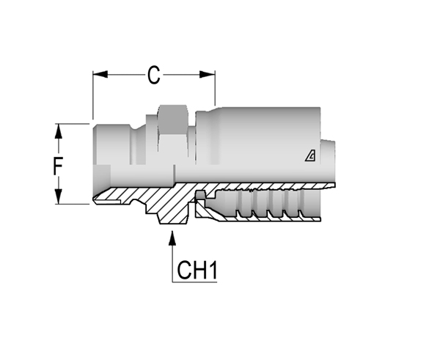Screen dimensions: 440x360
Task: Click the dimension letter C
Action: click(154, 75)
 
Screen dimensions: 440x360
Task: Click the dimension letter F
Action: click(58, 166)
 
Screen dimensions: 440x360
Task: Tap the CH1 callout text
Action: click(197, 270)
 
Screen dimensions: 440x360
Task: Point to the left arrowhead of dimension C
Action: click(100, 75)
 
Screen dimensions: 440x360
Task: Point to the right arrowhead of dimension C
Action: click(208, 75)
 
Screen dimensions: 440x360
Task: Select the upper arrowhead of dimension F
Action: click(59, 131)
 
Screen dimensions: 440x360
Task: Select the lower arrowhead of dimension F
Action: click(59, 196)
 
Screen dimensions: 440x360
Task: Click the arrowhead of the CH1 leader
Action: click(172, 238)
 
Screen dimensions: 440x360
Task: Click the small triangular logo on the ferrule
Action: click(310, 155)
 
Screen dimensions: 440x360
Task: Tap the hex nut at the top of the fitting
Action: click(172, 120)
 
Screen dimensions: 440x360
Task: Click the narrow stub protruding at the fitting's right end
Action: click(329, 161)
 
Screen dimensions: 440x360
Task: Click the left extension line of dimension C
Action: click(93, 95)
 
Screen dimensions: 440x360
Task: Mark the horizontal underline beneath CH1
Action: click(194, 282)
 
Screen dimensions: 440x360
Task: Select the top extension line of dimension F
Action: click(72, 124)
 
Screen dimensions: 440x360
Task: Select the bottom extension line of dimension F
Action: click(72, 204)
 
